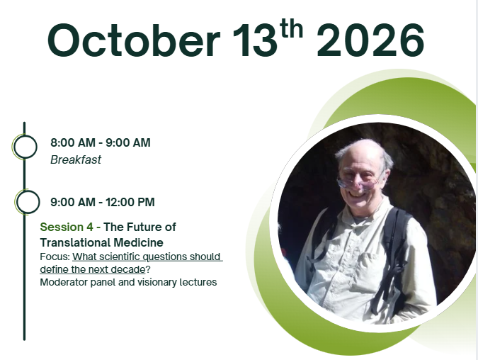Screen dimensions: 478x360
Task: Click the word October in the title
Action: tap(134, 40)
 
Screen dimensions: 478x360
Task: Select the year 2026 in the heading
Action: tap(370, 40)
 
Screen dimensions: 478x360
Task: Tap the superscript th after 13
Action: tap(292, 29)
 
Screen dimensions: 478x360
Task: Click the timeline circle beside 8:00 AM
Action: tap(25, 147)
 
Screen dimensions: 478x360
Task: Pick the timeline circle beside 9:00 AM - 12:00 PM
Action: tap(27, 202)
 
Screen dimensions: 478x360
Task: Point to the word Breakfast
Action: tap(76, 160)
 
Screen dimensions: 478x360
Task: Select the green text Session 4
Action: tap(67, 227)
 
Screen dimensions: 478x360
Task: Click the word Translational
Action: tap(75, 242)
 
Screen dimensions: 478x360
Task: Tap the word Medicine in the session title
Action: tap(138, 242)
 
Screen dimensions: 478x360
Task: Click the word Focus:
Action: tap(55, 257)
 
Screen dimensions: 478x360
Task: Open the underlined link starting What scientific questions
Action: tap(132, 263)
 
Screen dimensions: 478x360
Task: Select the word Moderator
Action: tap(64, 282)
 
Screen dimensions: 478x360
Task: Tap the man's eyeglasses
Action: tap(358, 182)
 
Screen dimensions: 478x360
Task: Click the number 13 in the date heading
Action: tap(255, 40)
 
